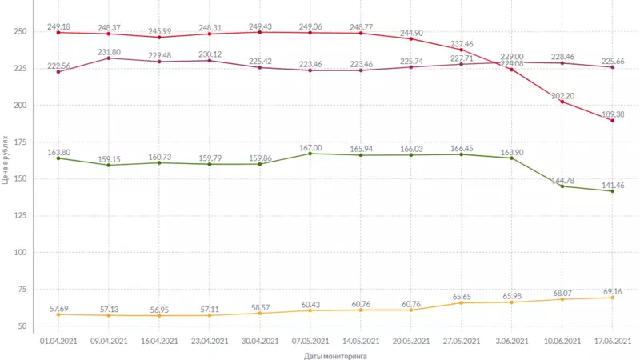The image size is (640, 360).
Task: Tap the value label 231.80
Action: coord(109,51)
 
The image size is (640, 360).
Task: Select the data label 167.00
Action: coord(310,147)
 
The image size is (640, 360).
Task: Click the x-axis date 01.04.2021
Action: coord(58,342)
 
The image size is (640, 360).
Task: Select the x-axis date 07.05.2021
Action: coord(310,342)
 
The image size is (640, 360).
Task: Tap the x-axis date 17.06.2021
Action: coord(613,342)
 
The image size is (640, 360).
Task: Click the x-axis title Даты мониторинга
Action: coord(335,355)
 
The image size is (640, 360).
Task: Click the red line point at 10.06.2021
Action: coord(562,102)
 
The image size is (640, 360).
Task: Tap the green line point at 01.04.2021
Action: coord(58,158)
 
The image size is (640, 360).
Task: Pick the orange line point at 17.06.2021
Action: coord(613,298)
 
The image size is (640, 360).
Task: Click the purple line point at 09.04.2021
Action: coord(108,58)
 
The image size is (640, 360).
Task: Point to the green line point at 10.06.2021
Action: coord(562,186)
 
